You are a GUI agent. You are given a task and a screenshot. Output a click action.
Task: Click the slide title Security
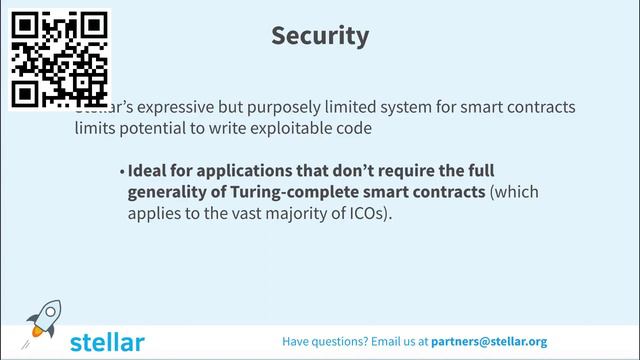coord(320,36)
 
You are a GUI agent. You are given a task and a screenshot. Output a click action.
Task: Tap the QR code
coord(59,59)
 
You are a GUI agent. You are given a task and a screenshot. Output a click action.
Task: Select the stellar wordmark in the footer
coord(107,341)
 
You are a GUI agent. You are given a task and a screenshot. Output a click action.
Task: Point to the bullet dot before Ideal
coord(122,171)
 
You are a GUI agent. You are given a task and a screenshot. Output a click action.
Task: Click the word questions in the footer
coord(344,341)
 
